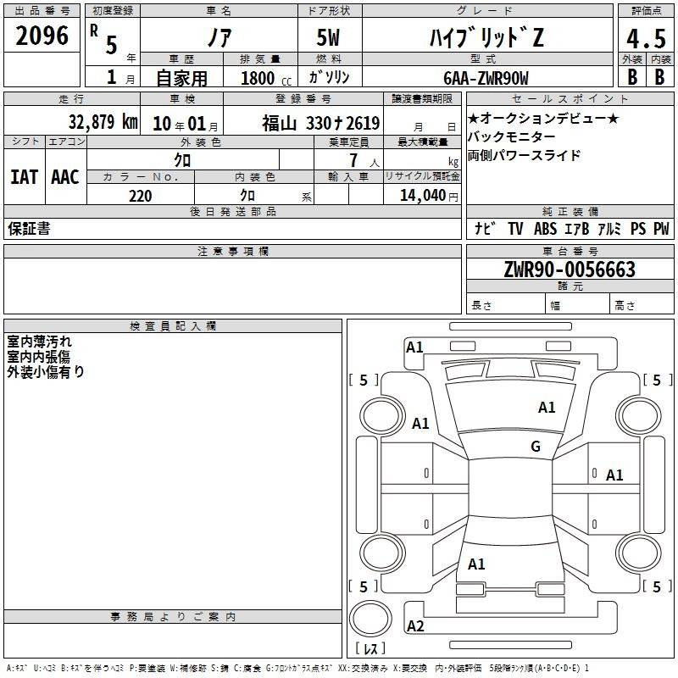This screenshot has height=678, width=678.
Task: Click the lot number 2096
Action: pos(42,36)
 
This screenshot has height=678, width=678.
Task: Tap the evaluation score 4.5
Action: pos(645,39)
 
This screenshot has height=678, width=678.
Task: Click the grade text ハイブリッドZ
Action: pos(484,38)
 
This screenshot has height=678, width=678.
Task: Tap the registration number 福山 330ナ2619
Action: pos(320,122)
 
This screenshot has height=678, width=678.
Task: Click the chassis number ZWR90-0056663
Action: pos(569,270)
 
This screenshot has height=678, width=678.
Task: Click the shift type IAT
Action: pos(24,177)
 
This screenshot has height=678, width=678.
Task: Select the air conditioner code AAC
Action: pos(65,177)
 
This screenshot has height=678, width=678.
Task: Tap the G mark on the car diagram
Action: pos(535,447)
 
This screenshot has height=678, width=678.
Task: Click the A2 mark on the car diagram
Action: pos(415,626)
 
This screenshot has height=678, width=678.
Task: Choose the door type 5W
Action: pos(330,38)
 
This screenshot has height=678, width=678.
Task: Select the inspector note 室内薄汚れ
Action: pos(40,342)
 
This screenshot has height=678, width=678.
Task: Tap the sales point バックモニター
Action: pos(511,136)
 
